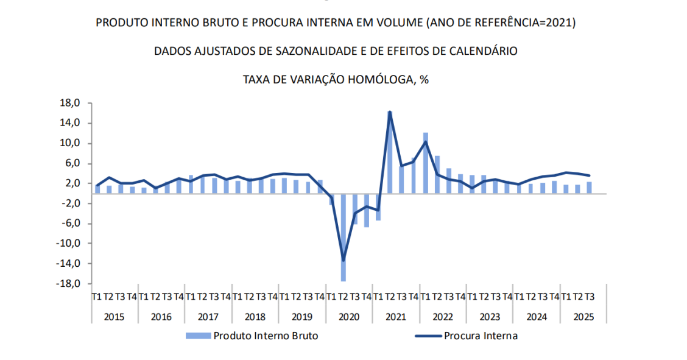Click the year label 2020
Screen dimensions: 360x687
349,317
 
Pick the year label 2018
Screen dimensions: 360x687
255,317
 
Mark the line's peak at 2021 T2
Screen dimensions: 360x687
390,112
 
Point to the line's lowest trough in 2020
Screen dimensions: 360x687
343,261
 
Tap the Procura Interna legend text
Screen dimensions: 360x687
481,336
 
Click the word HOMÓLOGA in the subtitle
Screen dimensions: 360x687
370,80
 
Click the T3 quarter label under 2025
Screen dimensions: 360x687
589,297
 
